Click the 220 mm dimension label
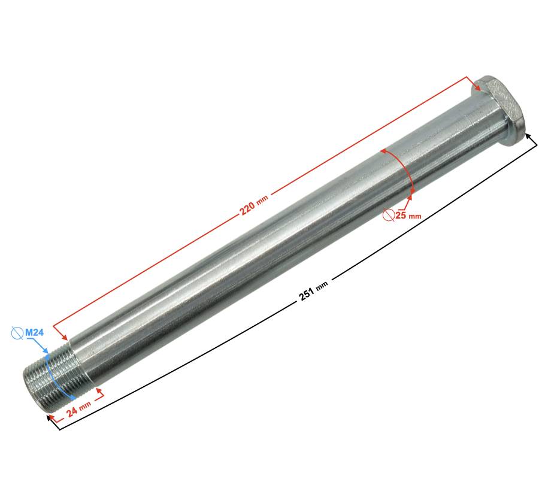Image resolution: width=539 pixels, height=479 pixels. coord(254,205)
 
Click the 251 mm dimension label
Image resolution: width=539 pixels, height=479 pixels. coord(313,290)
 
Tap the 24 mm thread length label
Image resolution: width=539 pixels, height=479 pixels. coord(78,408)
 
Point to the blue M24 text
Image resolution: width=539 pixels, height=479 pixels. coord(34,333)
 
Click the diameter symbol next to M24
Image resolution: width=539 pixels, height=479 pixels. coord(17,333)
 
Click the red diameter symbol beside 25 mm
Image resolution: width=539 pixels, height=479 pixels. coord(389,215)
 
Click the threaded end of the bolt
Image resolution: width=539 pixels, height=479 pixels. coord(52,377)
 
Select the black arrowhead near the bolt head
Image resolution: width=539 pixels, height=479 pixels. coord(529,138)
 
